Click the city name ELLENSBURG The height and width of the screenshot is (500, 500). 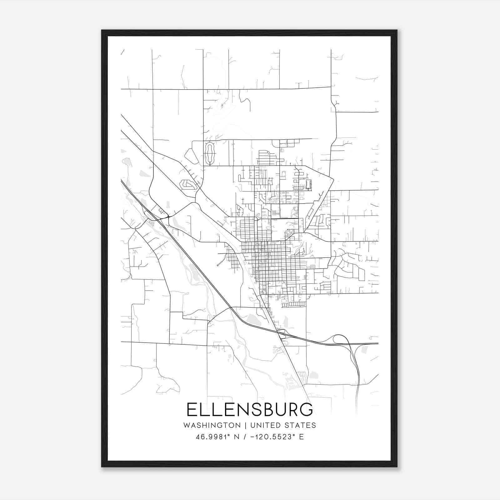[x=249, y=409]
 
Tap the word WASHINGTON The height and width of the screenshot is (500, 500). [x=212, y=425]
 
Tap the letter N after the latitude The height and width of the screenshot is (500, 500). [x=237, y=437]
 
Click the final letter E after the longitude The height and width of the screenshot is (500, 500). [x=301, y=437]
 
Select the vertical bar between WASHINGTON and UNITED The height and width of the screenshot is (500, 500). [x=245, y=425]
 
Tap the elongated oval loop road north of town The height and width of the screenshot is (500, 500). [x=209, y=153]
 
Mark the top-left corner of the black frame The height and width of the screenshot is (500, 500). [x=102, y=31]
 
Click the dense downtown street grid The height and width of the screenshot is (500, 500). [x=269, y=259]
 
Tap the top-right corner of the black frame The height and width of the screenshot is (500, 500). [x=397, y=31]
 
